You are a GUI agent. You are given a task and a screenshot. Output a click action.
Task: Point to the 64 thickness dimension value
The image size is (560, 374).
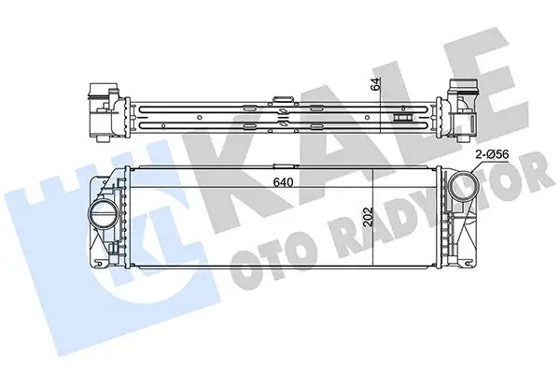click(376, 83)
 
